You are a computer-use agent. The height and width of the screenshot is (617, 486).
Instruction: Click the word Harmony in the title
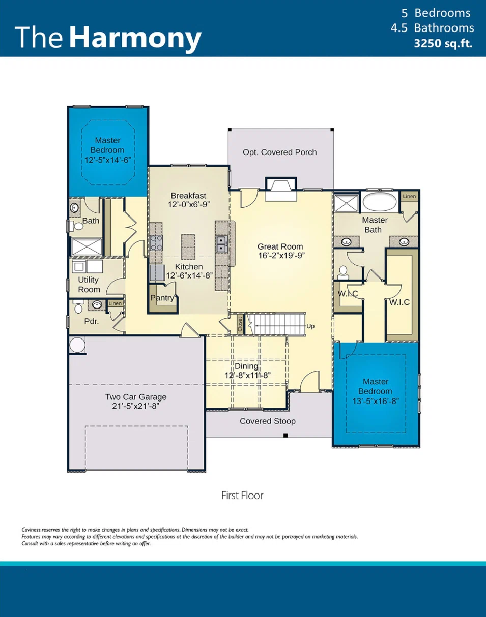tap(135, 38)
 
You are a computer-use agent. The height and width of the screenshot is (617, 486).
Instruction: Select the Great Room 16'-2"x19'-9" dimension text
tap(280, 256)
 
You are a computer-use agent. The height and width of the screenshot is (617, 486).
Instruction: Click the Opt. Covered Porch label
tap(279, 152)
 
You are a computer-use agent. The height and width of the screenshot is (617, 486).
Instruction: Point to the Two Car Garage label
tap(136, 397)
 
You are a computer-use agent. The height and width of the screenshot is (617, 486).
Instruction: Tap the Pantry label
tap(162, 298)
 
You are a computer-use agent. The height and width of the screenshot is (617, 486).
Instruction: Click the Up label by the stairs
tap(310, 326)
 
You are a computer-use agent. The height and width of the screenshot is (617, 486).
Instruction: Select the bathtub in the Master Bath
tap(380, 201)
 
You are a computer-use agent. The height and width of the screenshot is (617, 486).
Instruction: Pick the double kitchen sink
tap(221, 244)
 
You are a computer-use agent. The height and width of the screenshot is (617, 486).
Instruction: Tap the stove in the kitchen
tap(156, 242)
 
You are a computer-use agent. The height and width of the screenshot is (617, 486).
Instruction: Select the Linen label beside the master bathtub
tap(409, 196)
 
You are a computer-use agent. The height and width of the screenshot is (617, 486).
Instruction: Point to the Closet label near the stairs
tap(240, 325)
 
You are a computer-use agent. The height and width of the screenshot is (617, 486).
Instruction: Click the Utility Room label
tap(89, 285)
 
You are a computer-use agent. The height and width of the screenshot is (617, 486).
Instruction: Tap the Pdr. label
tap(92, 321)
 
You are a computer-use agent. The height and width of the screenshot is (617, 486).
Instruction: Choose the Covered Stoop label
tap(268, 421)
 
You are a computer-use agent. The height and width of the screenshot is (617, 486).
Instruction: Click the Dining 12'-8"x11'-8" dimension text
tap(247, 375)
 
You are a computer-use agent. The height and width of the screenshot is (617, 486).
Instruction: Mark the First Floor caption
tap(242, 495)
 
